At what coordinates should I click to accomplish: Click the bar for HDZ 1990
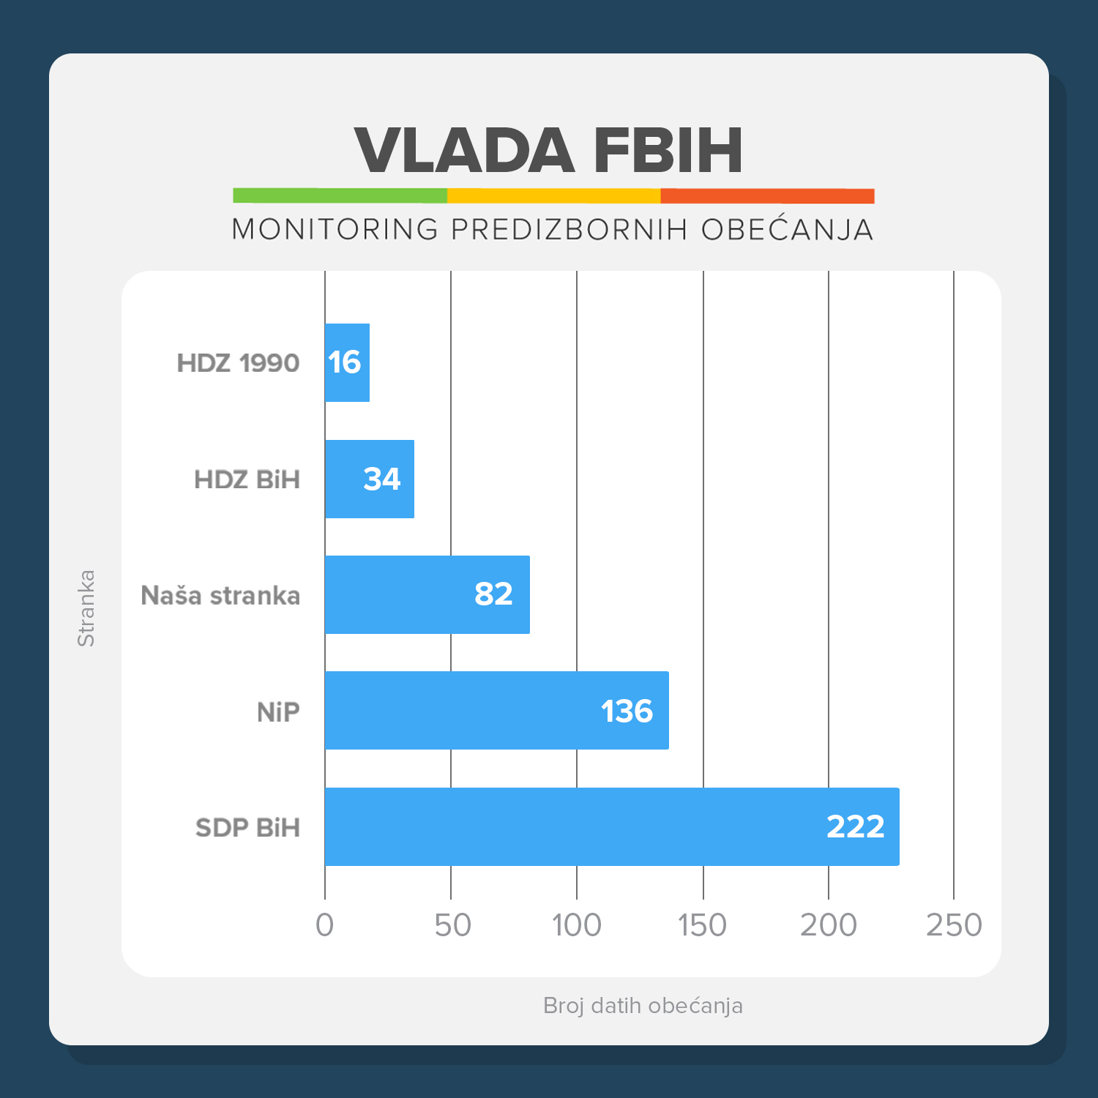(x=347, y=362)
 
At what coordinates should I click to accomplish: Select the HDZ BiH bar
(x=369, y=479)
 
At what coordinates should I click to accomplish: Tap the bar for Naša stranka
(x=427, y=594)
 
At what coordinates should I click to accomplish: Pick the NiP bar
(x=496, y=710)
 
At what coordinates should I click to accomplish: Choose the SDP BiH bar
(x=611, y=826)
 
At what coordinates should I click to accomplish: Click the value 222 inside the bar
(x=855, y=826)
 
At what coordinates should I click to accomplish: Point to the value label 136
(x=627, y=711)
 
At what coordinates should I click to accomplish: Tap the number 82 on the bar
(x=493, y=594)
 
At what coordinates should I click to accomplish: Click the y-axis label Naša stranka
(x=220, y=595)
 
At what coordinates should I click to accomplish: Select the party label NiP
(x=278, y=712)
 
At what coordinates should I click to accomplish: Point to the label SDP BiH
(x=247, y=827)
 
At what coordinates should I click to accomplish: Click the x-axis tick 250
(x=954, y=925)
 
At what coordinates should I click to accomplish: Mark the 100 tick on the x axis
(x=577, y=925)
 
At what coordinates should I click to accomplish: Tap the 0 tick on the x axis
(x=324, y=925)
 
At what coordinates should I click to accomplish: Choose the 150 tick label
(x=702, y=925)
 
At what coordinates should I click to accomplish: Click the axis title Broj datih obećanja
(x=643, y=1005)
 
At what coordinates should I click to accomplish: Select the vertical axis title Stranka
(x=86, y=608)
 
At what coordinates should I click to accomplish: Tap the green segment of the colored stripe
(x=340, y=195)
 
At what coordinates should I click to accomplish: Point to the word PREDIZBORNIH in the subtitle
(x=569, y=229)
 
